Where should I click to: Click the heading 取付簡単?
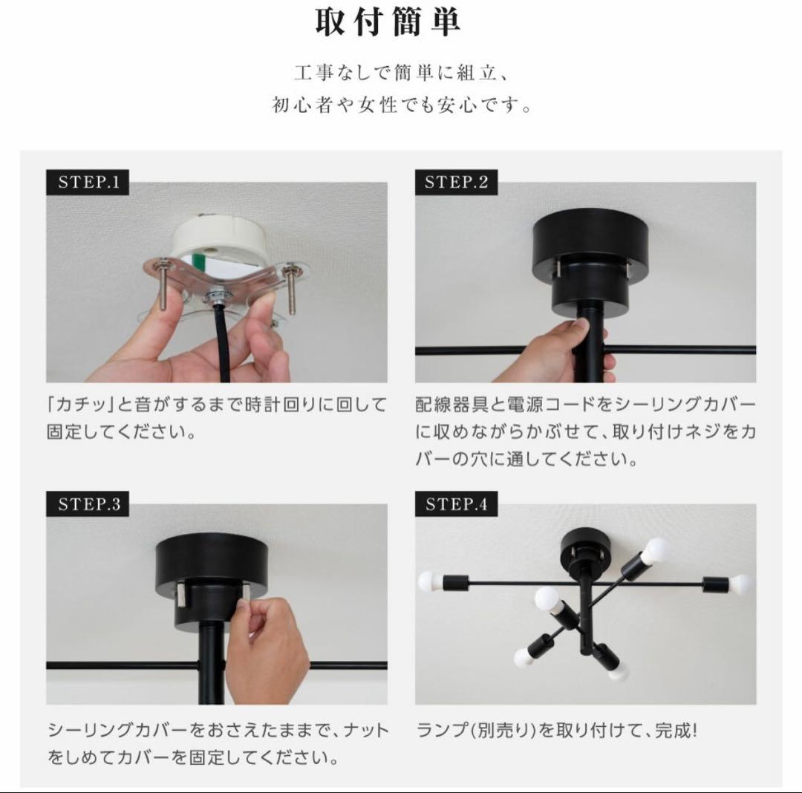point(387,22)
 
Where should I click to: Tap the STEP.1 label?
point(88,183)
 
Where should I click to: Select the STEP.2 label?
point(456,183)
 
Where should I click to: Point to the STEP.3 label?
point(88,505)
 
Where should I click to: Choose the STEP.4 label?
point(456,505)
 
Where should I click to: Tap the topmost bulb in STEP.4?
point(655,551)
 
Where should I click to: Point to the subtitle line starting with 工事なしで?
point(401,75)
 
